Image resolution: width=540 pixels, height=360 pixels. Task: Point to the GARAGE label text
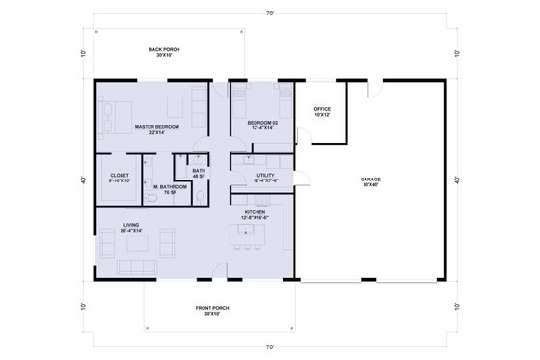coord(370,181)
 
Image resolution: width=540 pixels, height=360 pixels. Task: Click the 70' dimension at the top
coord(269,14)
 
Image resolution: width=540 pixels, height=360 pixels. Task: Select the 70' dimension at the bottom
coord(269,345)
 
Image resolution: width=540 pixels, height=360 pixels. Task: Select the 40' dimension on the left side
coord(84,180)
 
